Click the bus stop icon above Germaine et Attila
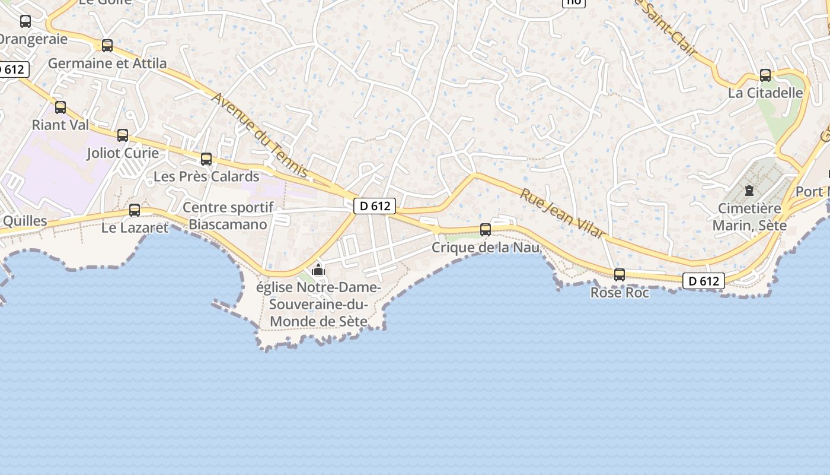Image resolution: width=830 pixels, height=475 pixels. coord(107,45)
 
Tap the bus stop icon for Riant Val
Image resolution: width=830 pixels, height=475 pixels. coord(60,107)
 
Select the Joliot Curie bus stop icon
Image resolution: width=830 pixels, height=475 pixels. coord(123,135)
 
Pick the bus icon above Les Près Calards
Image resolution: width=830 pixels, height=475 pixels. coord(206,159)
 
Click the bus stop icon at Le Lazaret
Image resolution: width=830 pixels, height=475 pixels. coord(135,210)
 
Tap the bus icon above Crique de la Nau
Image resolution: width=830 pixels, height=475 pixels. coord(486,230)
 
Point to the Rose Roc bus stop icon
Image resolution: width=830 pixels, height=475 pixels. coord(620,275)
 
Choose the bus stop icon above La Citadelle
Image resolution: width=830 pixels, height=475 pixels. coord(765,75)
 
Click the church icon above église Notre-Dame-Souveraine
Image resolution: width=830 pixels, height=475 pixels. coord(318,270)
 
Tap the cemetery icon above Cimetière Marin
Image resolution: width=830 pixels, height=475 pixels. coord(749,191)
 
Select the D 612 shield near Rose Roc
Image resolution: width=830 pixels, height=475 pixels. coord(704,281)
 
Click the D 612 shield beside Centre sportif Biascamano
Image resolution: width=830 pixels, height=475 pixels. coord(375,206)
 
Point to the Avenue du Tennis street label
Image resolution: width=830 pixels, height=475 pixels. coord(260,135)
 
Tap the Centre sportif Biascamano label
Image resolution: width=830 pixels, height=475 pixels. coord(228,216)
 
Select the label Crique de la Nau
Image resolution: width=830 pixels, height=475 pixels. coord(486,247)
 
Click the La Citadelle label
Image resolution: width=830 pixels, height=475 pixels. coord(765,93)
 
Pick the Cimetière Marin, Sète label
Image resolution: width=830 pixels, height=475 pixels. coord(749,217)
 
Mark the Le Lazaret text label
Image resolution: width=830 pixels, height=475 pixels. coord(135,227)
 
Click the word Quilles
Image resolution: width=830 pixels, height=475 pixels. coord(25,221)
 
